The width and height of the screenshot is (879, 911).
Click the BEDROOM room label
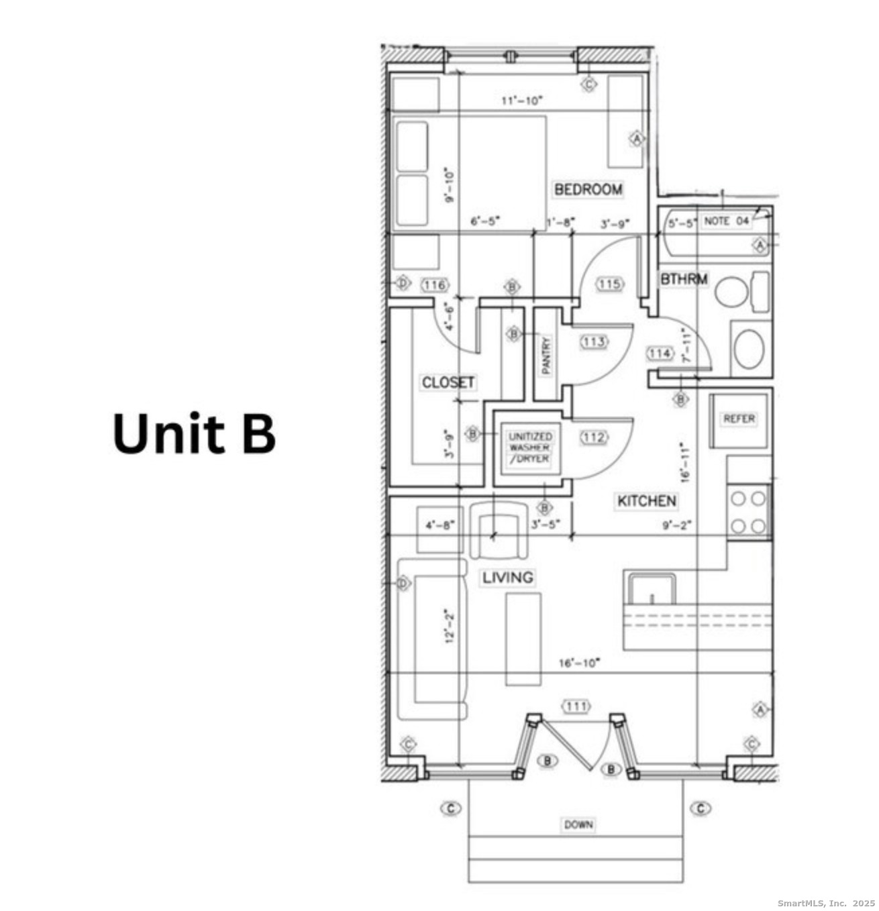tap(588, 189)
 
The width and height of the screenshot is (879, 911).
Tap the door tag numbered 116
tap(434, 284)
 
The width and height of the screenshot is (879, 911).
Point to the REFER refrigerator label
tap(739, 419)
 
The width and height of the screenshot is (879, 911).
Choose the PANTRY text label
tap(546, 355)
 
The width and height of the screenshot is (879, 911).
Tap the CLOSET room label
tap(448, 382)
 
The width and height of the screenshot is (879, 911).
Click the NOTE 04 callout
tap(725, 221)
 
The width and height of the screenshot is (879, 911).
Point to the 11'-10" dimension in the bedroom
tap(521, 101)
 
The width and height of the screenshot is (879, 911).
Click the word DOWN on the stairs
tap(578, 824)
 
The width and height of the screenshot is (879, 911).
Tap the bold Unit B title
tap(194, 433)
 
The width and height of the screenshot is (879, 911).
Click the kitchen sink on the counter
tap(652, 590)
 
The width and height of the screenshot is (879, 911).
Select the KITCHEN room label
tap(646, 500)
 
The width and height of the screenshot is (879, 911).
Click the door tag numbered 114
tap(660, 354)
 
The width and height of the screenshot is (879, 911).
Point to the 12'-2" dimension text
tap(450, 625)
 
